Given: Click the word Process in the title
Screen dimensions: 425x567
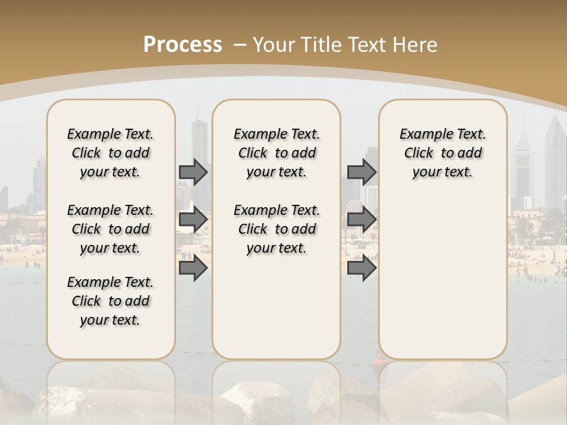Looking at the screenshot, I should tap(183, 45).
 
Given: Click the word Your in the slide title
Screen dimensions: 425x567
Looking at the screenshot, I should tap(275, 45).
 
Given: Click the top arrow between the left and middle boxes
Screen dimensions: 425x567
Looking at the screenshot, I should tap(193, 172).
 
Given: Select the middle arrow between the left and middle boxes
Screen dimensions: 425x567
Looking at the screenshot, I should tap(193, 220).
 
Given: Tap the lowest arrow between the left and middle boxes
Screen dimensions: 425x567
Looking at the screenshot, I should tap(193, 268).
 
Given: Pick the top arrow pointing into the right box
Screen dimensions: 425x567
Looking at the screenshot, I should tap(361, 172).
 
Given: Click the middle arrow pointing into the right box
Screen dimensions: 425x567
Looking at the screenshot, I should tap(361, 220).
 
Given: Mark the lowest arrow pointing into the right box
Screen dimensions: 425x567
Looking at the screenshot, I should tap(361, 268).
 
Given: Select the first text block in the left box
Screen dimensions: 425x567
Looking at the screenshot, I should tap(110, 153).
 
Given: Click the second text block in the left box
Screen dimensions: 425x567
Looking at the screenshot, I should tap(110, 229).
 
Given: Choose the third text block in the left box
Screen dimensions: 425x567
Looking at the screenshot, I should tap(110, 301).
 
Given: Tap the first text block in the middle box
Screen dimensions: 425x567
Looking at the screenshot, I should tap(276, 153).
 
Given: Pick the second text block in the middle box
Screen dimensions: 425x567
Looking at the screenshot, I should tap(276, 229).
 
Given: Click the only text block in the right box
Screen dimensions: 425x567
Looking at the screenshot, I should tap(442, 153).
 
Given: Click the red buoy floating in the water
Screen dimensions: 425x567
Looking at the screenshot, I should tap(379, 357).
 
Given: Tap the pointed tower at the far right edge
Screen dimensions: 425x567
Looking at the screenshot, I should tap(555, 159).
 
